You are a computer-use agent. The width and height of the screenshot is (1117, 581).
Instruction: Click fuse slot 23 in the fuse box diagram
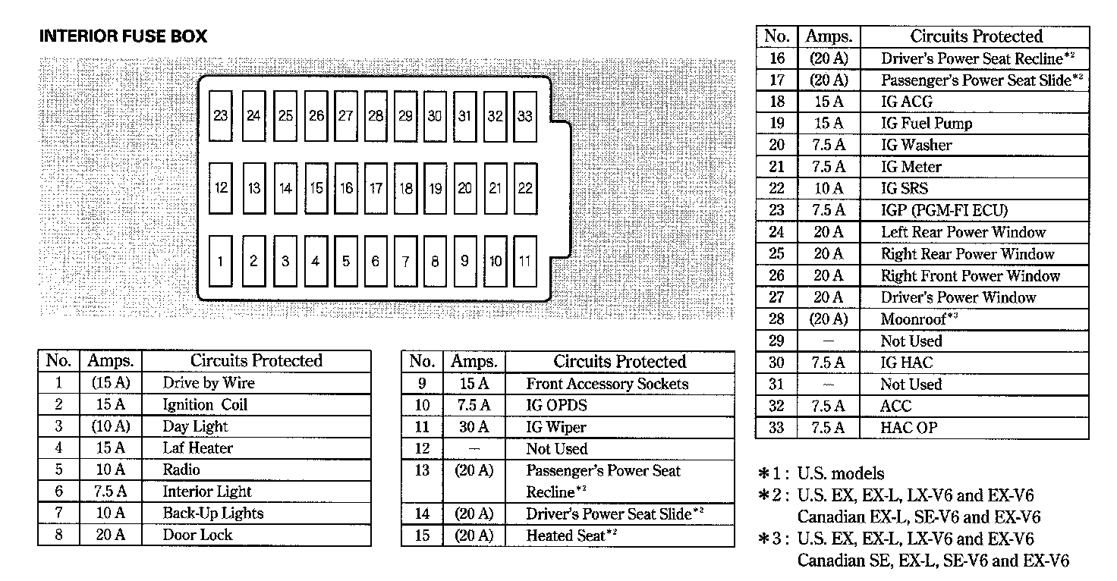coord(220,116)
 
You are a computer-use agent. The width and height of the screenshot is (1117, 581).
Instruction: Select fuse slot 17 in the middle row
coord(376,188)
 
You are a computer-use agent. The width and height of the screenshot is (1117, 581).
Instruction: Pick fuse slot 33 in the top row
coord(524,116)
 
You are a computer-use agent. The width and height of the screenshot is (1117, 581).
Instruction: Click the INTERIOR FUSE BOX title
coord(123,36)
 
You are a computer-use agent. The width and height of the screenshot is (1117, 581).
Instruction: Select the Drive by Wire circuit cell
coord(209,383)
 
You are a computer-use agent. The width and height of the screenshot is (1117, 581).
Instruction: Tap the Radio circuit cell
coord(181,470)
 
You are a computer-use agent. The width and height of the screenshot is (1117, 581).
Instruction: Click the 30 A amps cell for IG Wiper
coord(474,427)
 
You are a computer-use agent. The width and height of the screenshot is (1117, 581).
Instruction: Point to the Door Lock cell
coord(198,535)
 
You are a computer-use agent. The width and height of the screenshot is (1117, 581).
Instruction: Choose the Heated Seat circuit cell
coord(569,535)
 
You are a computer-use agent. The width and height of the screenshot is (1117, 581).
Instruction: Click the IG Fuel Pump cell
coord(926,123)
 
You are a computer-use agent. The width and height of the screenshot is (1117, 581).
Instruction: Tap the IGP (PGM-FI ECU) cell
coord(944,210)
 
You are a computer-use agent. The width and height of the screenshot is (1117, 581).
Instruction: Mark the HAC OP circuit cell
coord(908,428)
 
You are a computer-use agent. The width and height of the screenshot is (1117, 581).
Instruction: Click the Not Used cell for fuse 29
coord(911,341)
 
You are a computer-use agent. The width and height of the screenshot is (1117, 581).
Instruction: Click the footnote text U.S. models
coord(840,474)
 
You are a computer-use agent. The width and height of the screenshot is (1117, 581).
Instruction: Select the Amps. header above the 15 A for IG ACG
coord(829,36)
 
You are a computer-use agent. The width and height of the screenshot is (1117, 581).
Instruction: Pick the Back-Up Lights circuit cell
coord(212,513)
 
